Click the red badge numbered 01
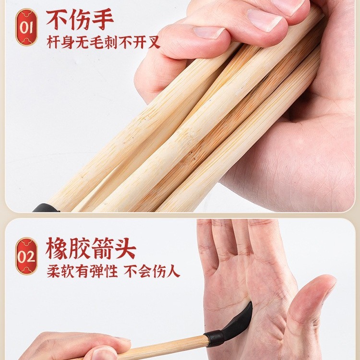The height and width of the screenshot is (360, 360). coord(26,27)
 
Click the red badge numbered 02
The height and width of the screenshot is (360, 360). coord(26,256)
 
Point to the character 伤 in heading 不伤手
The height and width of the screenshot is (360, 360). coord(80,19)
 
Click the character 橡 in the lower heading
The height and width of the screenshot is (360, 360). coord(57,248)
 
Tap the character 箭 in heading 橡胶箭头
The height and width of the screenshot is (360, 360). coord(102,248)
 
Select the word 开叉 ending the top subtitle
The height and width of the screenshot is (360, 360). coord(146,42)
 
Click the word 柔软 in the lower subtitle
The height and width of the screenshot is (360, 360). coord(60,271)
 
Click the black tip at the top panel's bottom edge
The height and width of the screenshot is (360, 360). coord(47,208)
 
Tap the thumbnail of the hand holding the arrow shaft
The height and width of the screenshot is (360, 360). coord(105,352)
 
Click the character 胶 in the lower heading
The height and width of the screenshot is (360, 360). coord(80,248)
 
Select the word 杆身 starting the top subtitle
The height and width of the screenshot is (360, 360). coord(60,42)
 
